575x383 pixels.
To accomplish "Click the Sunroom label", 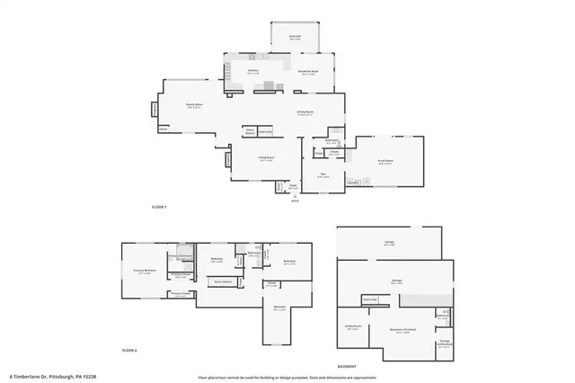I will coord(295,37).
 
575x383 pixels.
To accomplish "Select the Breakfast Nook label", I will coord(306,72).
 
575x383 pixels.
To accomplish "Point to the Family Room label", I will coord(192,105).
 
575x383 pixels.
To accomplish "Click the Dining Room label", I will coord(305,111).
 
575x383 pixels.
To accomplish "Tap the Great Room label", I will coord(386,162).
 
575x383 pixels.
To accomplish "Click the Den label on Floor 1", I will coord(323,175).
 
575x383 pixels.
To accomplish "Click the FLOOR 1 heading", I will coord(159,208).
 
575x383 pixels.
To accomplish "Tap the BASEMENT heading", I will coord(347,367).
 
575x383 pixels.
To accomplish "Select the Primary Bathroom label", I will coord(182,256).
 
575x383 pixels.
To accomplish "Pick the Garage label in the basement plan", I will coord(389,244).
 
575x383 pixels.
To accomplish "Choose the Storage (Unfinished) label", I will coord(444,342).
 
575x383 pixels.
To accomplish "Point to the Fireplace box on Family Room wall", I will coord(154,110).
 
